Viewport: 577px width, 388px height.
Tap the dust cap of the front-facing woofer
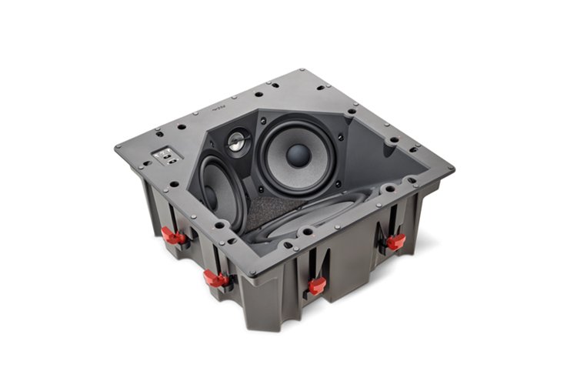point(298,155)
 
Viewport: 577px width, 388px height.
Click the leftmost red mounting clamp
point(173,236)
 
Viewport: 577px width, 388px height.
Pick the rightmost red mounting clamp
point(395,242)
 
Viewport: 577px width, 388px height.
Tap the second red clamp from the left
point(216,279)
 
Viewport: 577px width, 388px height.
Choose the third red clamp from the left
point(316,286)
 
